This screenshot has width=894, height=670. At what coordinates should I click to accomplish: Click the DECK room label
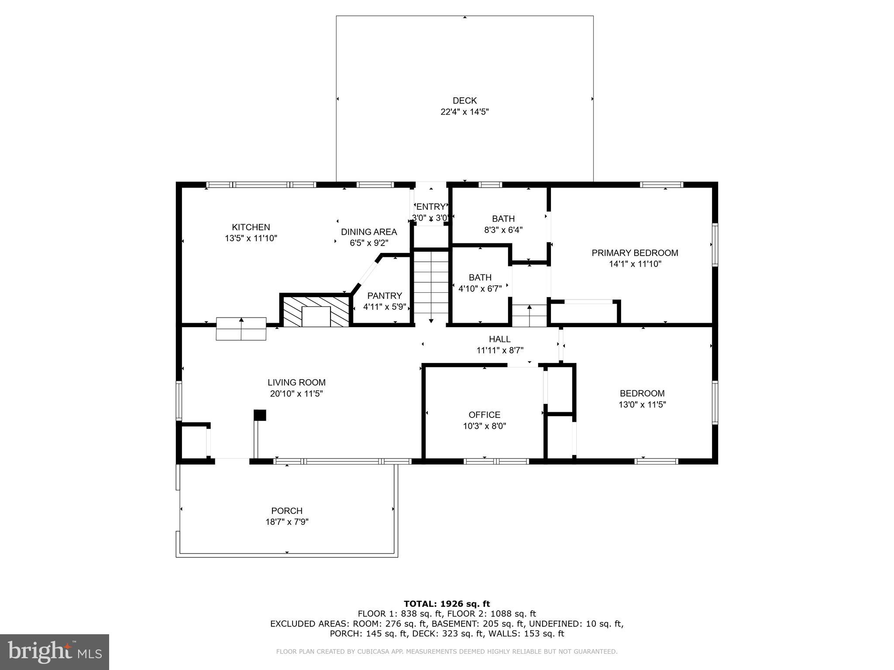point(464,101)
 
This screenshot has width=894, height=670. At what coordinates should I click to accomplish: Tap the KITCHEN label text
point(251,227)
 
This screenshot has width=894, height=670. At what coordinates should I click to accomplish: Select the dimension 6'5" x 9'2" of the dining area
point(369,243)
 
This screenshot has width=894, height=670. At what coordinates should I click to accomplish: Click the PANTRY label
point(384,296)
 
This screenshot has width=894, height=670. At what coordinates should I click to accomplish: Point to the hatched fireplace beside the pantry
point(316,311)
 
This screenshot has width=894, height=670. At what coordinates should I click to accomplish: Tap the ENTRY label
point(431,207)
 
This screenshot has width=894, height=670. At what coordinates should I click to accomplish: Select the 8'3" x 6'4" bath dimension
point(503,230)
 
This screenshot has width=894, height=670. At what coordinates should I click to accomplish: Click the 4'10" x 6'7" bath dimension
point(480,288)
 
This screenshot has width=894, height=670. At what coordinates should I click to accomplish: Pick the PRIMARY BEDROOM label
point(635,253)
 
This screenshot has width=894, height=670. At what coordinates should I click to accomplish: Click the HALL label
point(499,339)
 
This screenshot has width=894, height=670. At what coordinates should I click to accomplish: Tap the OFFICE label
point(484,415)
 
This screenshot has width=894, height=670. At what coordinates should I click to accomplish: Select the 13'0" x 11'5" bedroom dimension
point(642,404)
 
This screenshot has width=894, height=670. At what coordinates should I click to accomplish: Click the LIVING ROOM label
point(296,383)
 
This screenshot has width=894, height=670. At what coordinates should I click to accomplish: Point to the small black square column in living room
point(260,415)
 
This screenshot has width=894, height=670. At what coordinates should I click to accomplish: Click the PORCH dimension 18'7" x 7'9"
point(287,522)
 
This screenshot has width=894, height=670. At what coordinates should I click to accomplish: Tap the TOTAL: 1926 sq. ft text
point(447,604)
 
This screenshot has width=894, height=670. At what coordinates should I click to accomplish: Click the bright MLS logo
point(55,652)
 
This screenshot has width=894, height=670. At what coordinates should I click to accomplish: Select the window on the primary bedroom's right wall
point(715,245)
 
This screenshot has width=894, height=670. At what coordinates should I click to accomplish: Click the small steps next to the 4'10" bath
point(529,315)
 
